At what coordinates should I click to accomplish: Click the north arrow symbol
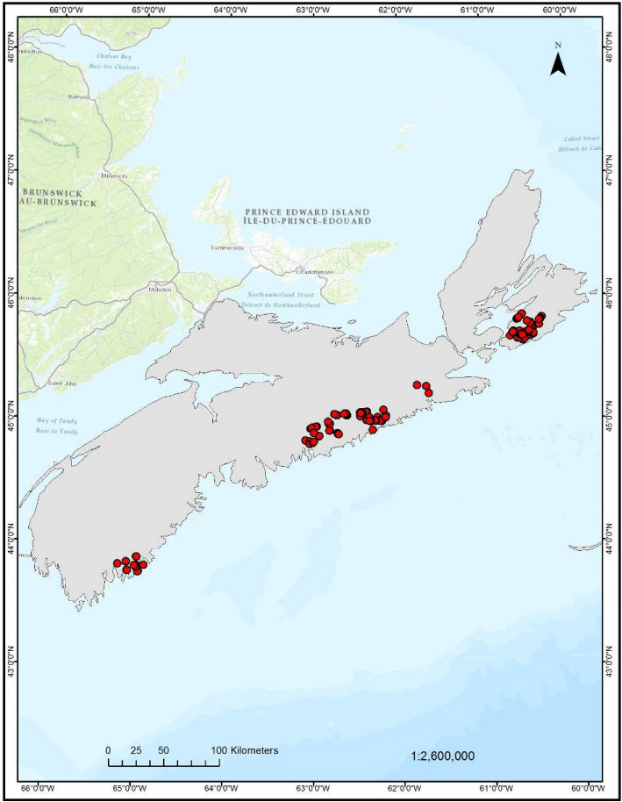pos(558,64)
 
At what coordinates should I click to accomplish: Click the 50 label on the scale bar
pos(163,750)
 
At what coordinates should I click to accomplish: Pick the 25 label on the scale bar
pos(135,750)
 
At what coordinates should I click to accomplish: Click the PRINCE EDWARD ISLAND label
pos(307,211)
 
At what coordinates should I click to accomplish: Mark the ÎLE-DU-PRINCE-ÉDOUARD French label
pos(307,221)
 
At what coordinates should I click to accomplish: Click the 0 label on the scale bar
pos(108,750)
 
